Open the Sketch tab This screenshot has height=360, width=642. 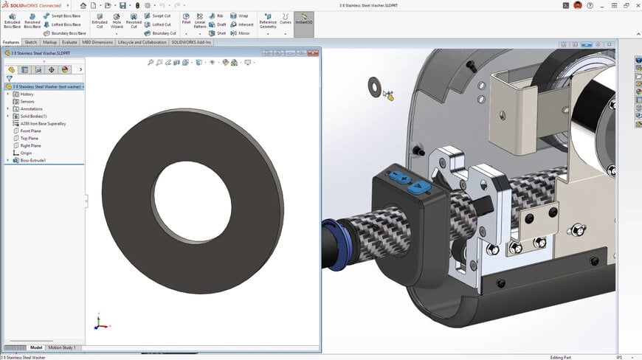tap(30, 42)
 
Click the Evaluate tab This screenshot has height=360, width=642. tap(69, 42)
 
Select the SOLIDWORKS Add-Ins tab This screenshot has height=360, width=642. tap(192, 42)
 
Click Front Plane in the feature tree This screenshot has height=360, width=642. tap(30, 131)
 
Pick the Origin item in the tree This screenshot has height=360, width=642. tap(27, 153)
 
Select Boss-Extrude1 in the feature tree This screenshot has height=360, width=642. tap(33, 160)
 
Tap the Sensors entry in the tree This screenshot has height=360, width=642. tap(27, 101)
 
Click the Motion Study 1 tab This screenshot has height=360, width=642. tap(62, 347)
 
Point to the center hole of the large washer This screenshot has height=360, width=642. tap(193, 202)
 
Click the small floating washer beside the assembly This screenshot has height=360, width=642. tap(374, 85)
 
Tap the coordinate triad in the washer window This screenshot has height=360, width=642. tap(100, 323)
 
